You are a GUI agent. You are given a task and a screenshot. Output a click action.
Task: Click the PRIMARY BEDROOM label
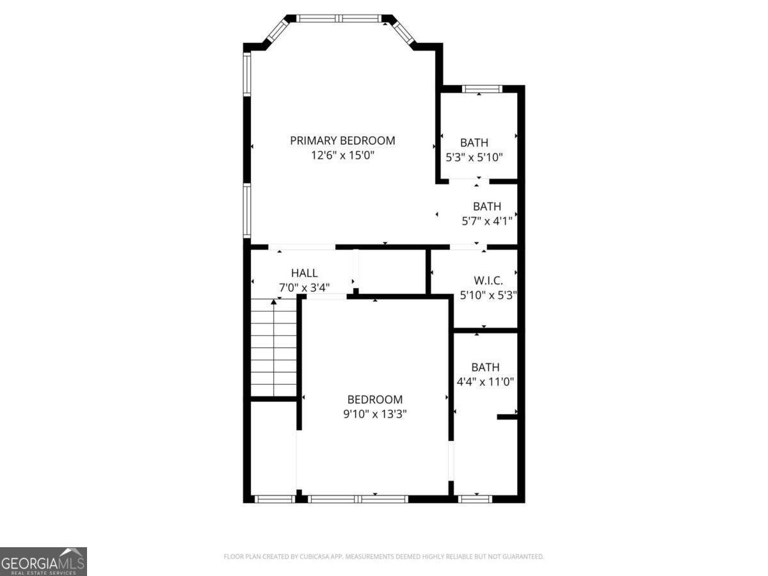pyautogui.click(x=342, y=140)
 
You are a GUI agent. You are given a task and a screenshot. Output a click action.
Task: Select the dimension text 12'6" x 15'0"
pyautogui.click(x=342, y=156)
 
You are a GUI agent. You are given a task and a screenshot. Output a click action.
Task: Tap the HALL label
pyautogui.click(x=304, y=273)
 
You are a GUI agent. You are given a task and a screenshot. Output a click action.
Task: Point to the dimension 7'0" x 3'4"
pyautogui.click(x=304, y=287)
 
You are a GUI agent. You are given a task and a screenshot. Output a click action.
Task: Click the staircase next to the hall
pyautogui.click(x=274, y=349)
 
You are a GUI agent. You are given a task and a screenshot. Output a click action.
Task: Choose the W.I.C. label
pyautogui.click(x=488, y=280)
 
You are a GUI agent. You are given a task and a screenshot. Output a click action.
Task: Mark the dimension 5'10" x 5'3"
pyautogui.click(x=488, y=295)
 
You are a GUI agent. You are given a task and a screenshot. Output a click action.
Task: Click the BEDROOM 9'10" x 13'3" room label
pyautogui.click(x=374, y=399)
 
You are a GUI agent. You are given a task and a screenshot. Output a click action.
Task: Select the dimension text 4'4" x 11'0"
pyautogui.click(x=485, y=382)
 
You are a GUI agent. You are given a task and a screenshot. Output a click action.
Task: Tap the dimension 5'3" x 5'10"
pyautogui.click(x=474, y=157)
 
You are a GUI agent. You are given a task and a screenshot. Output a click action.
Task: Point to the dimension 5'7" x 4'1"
pyautogui.click(x=486, y=221)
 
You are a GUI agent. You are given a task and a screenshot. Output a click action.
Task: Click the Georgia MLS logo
pyautogui.click(x=43, y=561)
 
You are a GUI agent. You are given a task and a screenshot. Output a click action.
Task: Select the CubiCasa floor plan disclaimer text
pyautogui.click(x=384, y=557)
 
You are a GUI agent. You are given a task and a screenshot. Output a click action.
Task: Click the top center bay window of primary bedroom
pyautogui.click(x=340, y=19)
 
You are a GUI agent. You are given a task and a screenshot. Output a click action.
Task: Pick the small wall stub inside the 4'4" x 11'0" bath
pyautogui.click(x=508, y=417)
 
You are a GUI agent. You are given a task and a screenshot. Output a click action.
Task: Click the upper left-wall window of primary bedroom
pyautogui.click(x=247, y=74)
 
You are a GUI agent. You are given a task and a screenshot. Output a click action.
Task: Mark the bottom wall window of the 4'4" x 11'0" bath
pyautogui.click(x=475, y=499)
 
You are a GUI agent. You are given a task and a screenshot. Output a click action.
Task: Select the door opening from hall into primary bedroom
pyautogui.click(x=301, y=246)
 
